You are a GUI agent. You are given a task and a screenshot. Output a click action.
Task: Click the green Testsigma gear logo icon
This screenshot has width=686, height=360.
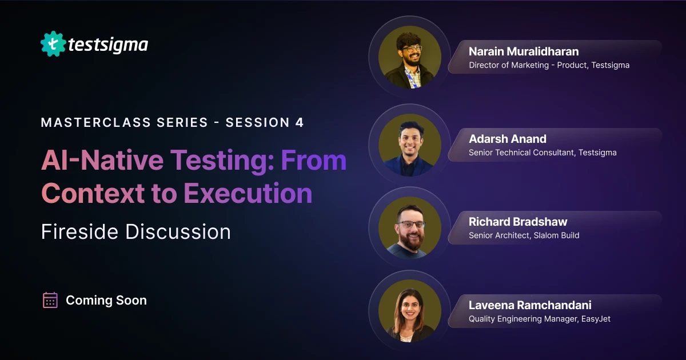[53, 44]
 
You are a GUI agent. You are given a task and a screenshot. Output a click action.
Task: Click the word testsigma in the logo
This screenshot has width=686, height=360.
[108, 44]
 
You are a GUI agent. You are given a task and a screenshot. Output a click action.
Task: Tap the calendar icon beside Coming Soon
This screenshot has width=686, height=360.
[50, 300]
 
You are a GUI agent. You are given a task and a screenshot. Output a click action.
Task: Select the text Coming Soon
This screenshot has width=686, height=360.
[106, 300]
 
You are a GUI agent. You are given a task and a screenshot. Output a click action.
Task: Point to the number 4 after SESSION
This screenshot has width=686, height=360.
[300, 122]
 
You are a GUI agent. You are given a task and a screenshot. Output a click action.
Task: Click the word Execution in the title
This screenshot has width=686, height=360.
[248, 193]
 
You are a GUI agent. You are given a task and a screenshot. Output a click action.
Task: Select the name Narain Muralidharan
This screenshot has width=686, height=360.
[524, 51]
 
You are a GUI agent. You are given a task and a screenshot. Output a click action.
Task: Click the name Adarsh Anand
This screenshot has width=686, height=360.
[508, 139]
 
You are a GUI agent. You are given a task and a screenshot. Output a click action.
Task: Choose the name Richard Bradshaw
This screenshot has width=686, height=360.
[518, 222]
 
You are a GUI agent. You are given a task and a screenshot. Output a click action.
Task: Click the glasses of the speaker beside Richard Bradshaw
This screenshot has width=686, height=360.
[411, 224]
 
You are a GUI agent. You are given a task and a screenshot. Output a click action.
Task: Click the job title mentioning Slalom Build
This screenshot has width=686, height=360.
[524, 235]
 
